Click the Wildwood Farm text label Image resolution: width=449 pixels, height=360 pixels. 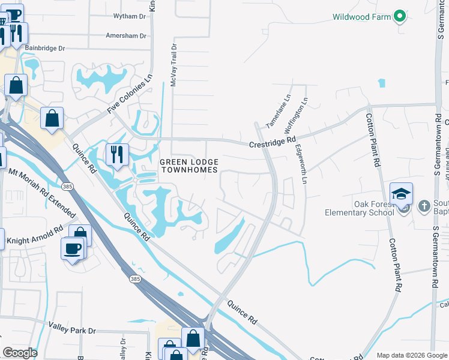coord(361,17)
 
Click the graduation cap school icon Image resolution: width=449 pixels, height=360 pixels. coord(401,194)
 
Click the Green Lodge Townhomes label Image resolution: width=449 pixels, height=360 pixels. coord(188,166)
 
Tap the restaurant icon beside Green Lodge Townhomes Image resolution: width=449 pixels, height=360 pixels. coord(116,154)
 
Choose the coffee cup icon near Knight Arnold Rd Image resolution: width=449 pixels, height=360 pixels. coord(72,248)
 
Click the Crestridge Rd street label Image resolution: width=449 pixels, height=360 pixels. coord(273,142)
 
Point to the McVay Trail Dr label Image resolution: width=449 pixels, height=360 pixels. coord(173,65)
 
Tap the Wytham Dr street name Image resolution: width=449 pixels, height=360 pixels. coord(125,17)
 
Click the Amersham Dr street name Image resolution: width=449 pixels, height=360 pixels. coord(125,35)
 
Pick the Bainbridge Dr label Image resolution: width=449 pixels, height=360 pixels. coord(45,48)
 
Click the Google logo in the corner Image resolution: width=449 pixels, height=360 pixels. coord(20,353)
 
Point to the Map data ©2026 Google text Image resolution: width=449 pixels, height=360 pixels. coord(411,355)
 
